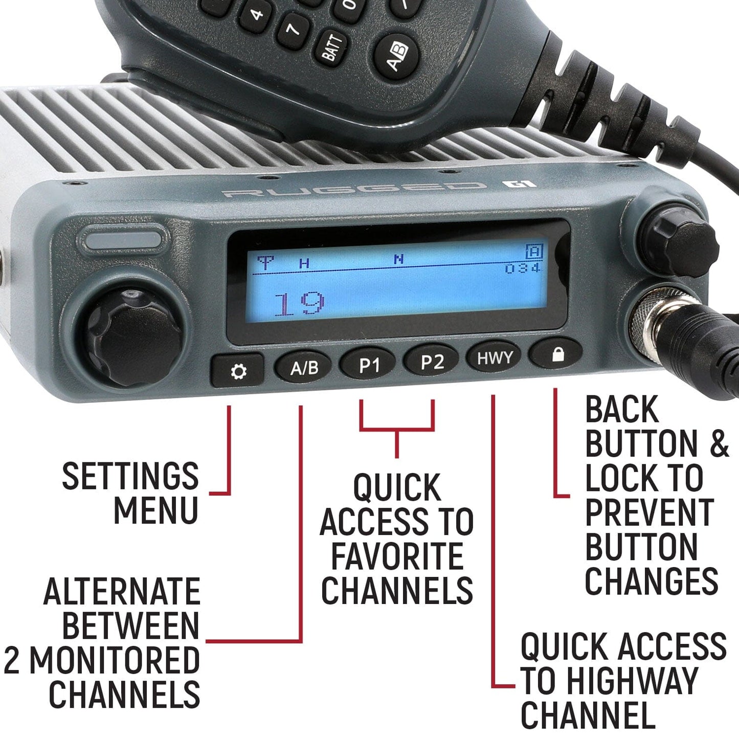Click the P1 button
pyautogui.click(x=369, y=365)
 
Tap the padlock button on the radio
pyautogui.click(x=556, y=354)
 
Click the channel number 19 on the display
pyautogui.click(x=299, y=304)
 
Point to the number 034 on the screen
pyautogui.click(x=522, y=268)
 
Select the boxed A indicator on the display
pyautogui.click(x=533, y=252)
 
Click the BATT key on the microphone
pyautogui.click(x=333, y=47)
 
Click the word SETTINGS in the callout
pyautogui.click(x=130, y=476)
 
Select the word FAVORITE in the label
pyautogui.click(x=397, y=556)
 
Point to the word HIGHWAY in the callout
pyautogui.click(x=632, y=680)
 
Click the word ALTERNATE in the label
pyautogui.click(x=122, y=592)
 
